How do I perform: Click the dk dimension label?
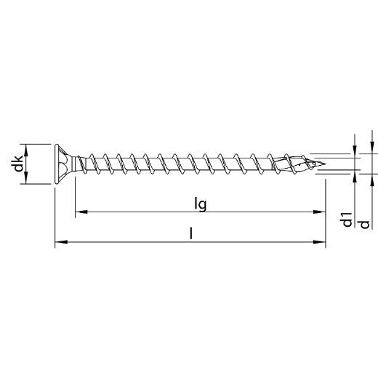(x=18, y=164)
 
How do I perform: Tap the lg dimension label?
(x=201, y=204)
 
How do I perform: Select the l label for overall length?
(x=191, y=233)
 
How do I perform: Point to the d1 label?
(x=347, y=220)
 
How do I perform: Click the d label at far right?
(x=365, y=225)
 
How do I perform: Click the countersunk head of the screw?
(x=63, y=164)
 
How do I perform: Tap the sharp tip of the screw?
(x=325, y=164)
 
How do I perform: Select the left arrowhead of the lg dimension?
(x=81, y=212)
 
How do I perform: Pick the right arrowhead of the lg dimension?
(x=319, y=212)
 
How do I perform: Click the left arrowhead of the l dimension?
(x=61, y=242)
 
